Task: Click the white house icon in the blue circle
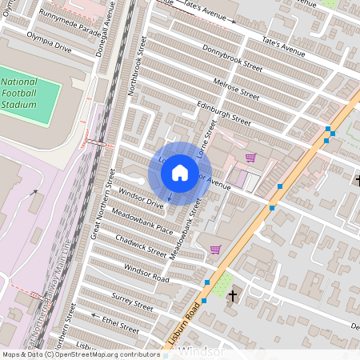[x=180, y=172]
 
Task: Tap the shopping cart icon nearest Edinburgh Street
[x=250, y=158]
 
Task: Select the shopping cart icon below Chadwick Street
[x=215, y=250]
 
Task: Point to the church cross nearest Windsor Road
[x=233, y=297]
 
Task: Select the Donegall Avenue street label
[x=111, y=26]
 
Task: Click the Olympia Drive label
[x=49, y=42]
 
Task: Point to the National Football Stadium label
[x=18, y=93]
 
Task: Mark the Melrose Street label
[x=238, y=89]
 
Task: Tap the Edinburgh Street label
[x=222, y=114]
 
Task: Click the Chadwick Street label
[x=141, y=243]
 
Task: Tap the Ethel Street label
[x=121, y=322]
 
